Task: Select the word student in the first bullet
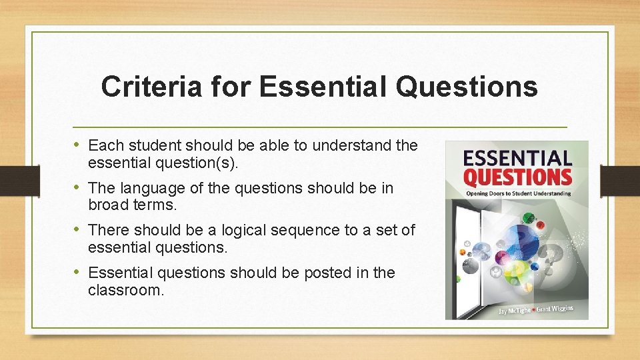pyautogui.click(x=157, y=145)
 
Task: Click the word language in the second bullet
pyautogui.click(x=160, y=188)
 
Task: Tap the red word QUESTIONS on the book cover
pyautogui.click(x=517, y=177)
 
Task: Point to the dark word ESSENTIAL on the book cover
pyautogui.click(x=517, y=159)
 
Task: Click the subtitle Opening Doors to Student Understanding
pyautogui.click(x=517, y=194)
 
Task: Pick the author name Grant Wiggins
pyautogui.click(x=555, y=309)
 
